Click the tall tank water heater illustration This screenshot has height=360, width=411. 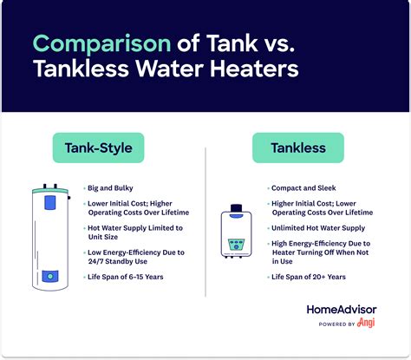pos(50,236)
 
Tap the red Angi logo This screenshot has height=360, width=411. pos(369,324)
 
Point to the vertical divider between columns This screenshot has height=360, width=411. pos(205,226)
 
